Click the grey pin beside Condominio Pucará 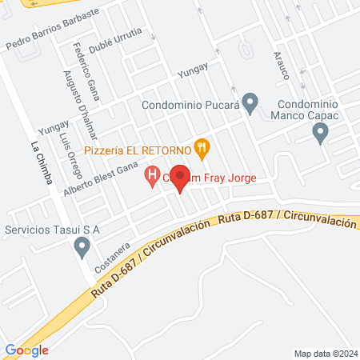point(250,102)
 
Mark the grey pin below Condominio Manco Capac point(322,134)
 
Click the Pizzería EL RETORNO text point(145,149)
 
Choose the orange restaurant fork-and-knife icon point(202,148)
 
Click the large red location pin point(180,178)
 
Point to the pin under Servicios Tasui point(82,249)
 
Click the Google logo point(27,350)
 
